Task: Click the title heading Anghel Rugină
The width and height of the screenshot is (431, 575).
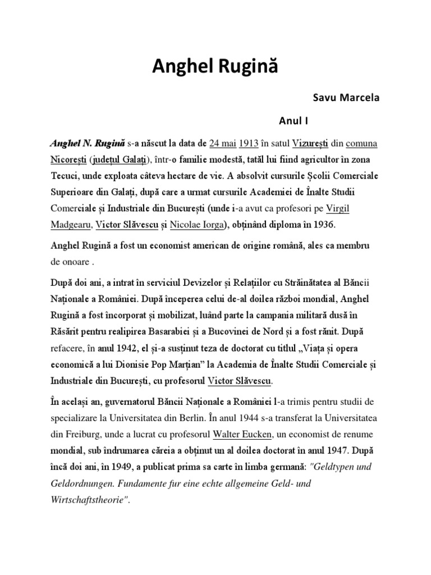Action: click(215, 69)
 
